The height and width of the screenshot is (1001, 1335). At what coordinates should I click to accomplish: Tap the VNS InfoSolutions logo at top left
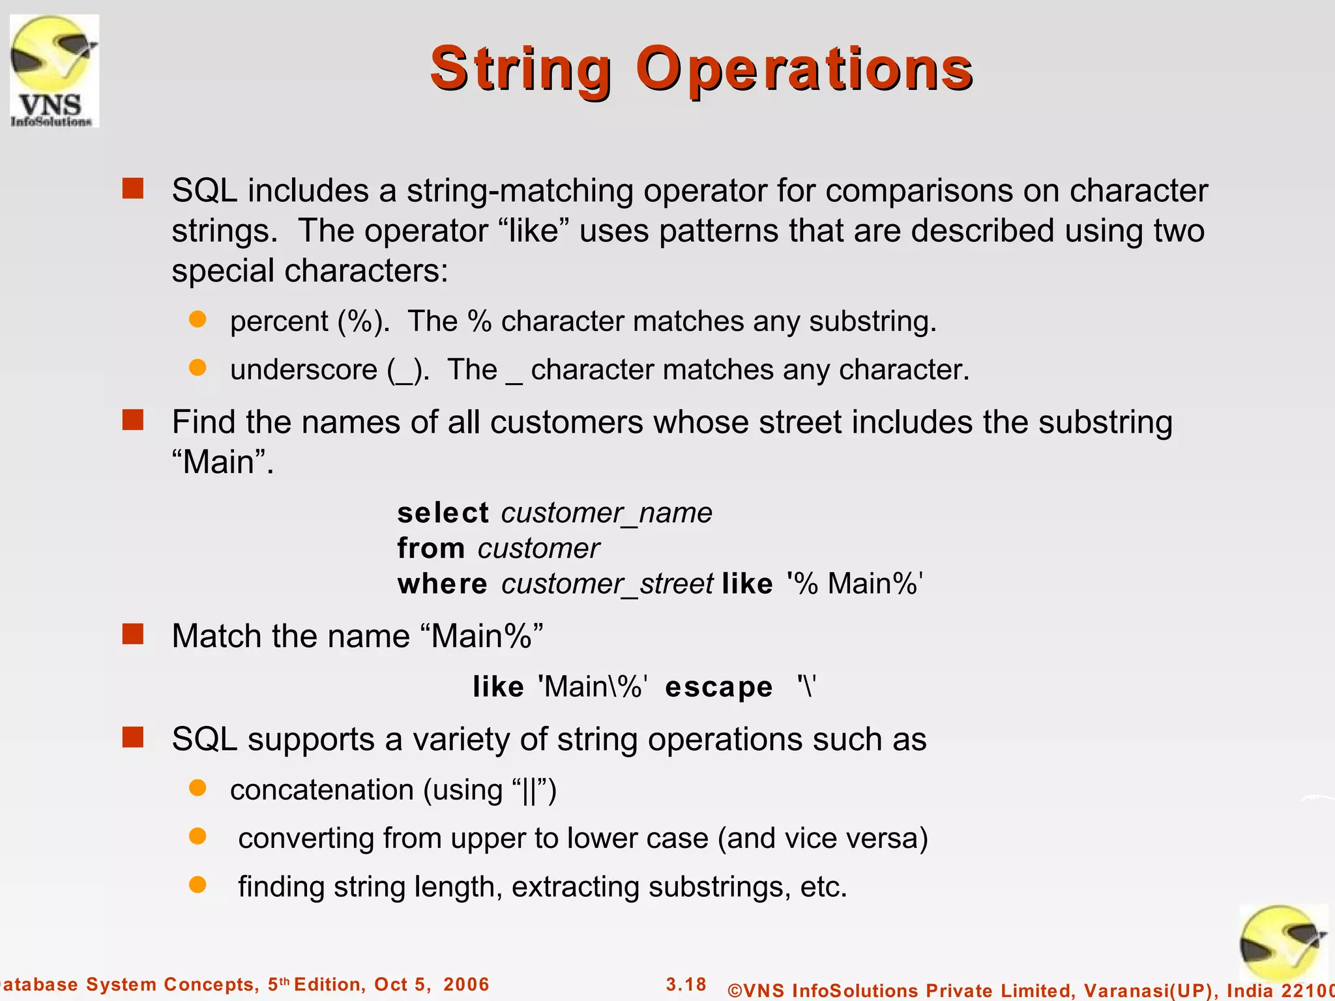coord(54,70)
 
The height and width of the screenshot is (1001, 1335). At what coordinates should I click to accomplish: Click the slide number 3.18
coord(686,984)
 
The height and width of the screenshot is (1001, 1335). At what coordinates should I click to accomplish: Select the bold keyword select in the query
coord(443,513)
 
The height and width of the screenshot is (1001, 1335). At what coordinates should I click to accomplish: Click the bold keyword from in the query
coord(431,548)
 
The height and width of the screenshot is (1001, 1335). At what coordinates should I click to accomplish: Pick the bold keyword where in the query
coord(442,584)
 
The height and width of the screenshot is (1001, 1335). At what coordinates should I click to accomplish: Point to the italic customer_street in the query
coord(607,584)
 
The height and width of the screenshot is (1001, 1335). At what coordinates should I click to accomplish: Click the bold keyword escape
coord(718,688)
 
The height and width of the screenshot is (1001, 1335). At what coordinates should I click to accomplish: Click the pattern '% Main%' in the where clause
coord(855,584)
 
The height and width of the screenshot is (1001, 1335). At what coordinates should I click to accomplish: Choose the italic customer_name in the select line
coord(606,513)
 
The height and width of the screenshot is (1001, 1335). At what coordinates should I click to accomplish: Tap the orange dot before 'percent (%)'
coord(198,319)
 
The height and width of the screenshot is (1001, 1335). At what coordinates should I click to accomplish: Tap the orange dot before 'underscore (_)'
coord(198,368)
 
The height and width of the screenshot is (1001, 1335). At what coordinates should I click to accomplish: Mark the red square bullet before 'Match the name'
coord(133,633)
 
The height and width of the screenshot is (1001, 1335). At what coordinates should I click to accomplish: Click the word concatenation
coord(321,790)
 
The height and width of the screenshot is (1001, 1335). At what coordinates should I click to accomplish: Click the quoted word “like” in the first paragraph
coord(533,231)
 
